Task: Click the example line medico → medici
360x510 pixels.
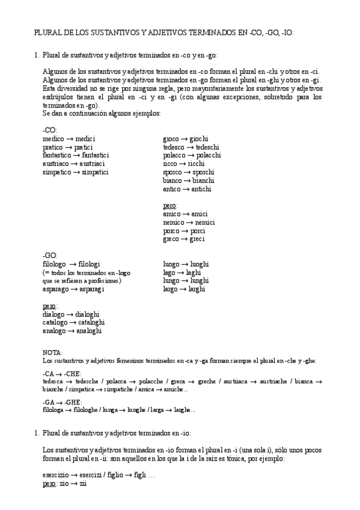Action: pos(69,139)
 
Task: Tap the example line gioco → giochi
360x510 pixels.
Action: pos(185,139)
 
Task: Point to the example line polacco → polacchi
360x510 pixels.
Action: pos(192,155)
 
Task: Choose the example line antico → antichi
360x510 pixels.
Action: pos(187,189)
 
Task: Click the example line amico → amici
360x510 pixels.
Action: pos(185,214)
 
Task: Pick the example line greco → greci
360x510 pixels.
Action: pos(184,239)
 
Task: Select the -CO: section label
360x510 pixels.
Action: pos(50,131)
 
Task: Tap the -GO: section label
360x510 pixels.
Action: pos(50,256)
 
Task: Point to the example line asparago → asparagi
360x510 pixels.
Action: pos(73,289)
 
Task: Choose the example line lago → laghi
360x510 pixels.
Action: pos(182,272)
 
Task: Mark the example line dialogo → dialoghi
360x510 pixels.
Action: pos(71,314)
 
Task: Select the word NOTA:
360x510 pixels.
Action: pos(53,352)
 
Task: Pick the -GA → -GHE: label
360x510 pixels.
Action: pos(63,402)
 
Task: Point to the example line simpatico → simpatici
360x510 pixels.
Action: pos(75,172)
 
